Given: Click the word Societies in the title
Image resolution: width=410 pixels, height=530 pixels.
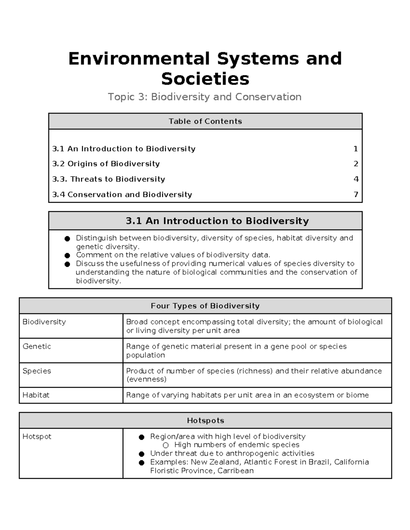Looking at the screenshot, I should point(205,79).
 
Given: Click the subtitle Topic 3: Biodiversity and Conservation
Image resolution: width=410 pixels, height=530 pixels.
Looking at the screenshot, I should point(205,97).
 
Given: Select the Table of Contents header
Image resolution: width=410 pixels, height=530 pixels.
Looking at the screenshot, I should point(205,121).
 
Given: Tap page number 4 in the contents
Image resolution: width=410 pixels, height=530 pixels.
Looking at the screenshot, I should point(356,179).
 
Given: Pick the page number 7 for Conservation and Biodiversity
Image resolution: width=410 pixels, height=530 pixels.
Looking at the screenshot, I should point(356,195).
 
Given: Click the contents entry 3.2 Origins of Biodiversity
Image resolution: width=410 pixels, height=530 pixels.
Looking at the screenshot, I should point(106,164).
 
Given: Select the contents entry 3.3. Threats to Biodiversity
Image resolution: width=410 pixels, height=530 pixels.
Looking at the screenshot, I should point(109,179).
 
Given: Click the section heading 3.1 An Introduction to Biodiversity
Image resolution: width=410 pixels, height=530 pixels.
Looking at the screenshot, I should point(217,221).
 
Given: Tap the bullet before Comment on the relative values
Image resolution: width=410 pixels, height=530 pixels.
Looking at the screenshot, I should point(68,255).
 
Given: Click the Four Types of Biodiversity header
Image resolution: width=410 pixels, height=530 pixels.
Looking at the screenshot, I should point(205,306).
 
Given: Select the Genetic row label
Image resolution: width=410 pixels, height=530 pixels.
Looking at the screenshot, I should point(37,346).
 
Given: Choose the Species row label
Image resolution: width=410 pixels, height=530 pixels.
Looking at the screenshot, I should point(37,371).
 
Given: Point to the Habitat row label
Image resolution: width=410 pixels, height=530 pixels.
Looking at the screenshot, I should point(36,395).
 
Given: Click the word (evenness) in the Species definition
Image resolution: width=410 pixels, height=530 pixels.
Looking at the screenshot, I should point(146,379).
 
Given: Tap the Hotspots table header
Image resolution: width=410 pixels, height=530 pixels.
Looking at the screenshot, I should point(205,420).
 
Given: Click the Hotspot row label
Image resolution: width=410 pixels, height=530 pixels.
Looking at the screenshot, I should point(37,436).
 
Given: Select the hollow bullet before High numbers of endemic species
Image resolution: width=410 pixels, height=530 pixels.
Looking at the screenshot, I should point(166,445).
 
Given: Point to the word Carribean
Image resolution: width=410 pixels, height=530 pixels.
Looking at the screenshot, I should point(235,471).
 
